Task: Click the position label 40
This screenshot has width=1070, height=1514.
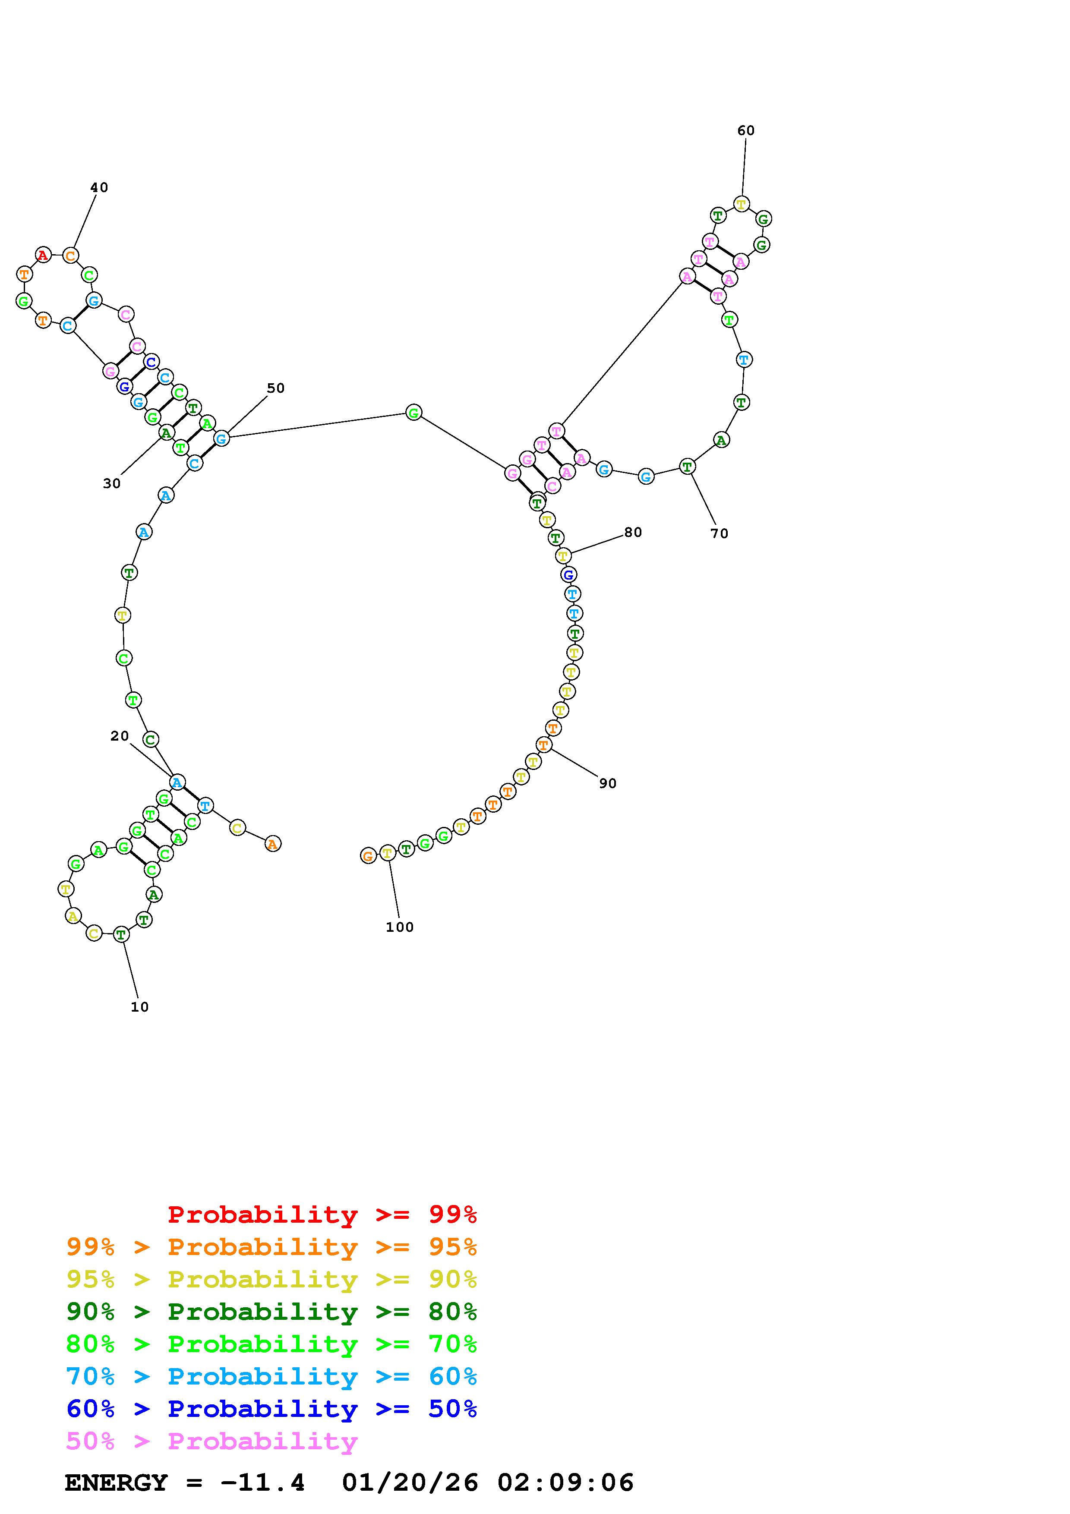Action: pyautogui.click(x=99, y=187)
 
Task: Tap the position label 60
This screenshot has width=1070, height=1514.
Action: pyautogui.click(x=746, y=131)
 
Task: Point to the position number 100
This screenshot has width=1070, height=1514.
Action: pyautogui.click(x=400, y=927)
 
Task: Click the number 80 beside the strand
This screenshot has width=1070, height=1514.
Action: pyautogui.click(x=633, y=532)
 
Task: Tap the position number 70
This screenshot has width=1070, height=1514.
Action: pyautogui.click(x=719, y=533)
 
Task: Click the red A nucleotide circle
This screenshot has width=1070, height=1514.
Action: pyautogui.click(x=43, y=255)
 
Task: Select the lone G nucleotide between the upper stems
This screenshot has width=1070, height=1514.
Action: pyautogui.click(x=413, y=413)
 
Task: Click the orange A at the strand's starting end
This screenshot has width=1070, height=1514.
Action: pyautogui.click(x=272, y=843)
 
